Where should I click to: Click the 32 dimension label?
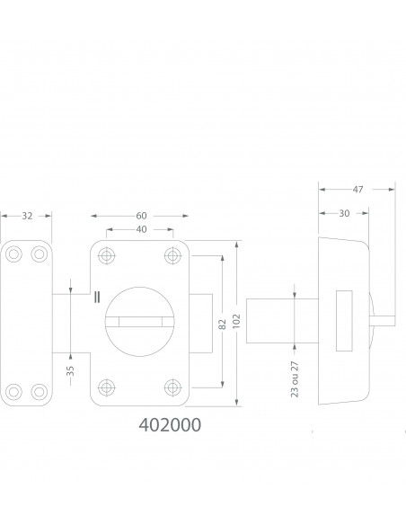pos(27,216)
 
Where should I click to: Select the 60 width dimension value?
pos(141,216)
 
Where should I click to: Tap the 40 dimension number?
pos(141,229)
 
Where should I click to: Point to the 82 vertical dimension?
pos(223,325)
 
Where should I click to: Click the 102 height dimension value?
pos(236,321)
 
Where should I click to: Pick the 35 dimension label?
pos(70,371)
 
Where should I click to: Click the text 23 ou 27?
pos(295,379)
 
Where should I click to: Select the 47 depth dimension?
pos(357,190)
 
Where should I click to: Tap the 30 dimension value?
pos(344,213)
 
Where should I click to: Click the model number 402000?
pos(170,425)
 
